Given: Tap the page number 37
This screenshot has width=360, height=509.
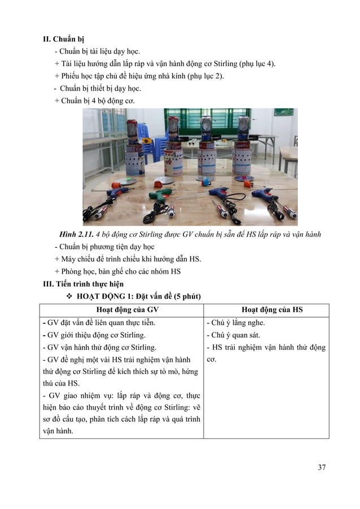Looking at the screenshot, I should click(x=322, y=467).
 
